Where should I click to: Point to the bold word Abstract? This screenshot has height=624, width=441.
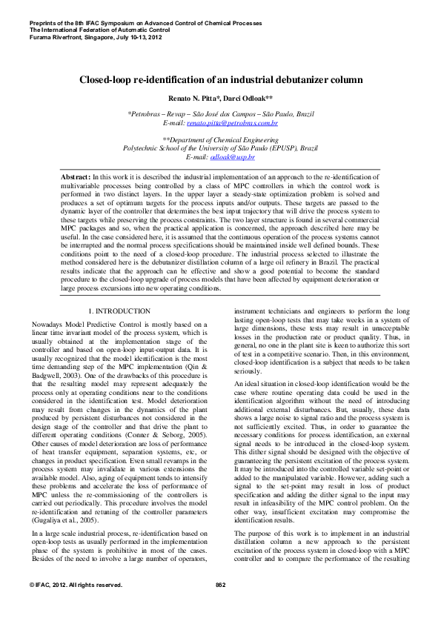point(75,178)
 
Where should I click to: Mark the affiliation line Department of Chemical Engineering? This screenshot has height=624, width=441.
point(221,140)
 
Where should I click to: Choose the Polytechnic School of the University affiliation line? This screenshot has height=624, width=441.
point(220,148)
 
